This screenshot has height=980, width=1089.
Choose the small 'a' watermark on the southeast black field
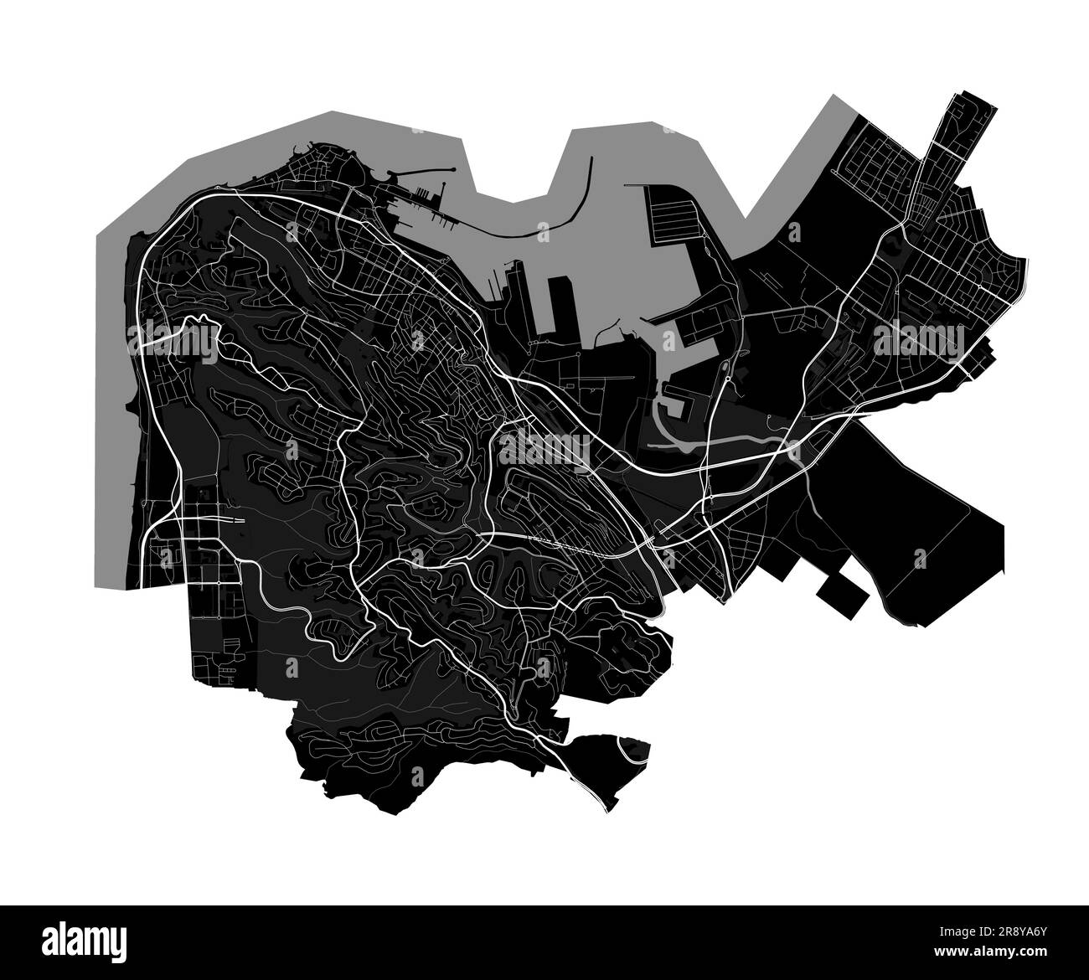click(x=920, y=557)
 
